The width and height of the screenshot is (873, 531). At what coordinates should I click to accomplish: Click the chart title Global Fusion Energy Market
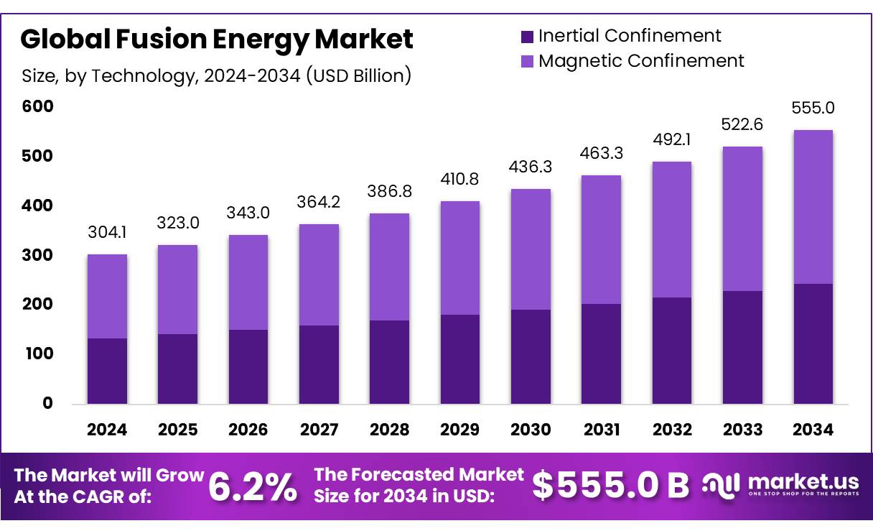(x=217, y=40)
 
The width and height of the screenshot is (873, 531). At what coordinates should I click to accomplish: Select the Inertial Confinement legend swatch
(x=527, y=36)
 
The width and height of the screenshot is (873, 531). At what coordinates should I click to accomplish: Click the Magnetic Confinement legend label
(x=641, y=61)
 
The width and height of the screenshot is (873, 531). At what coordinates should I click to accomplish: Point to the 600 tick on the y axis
(x=37, y=106)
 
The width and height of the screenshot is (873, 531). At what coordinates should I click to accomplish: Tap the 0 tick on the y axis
(x=47, y=403)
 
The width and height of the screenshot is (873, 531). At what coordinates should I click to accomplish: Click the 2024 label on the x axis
(x=107, y=430)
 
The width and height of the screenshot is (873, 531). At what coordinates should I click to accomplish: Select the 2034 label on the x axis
(x=813, y=430)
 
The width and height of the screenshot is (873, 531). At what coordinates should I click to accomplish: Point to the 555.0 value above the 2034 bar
(x=813, y=108)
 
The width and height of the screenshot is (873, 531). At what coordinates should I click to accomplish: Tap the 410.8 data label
(x=459, y=179)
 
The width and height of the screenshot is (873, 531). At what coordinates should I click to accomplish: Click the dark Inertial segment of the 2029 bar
(x=460, y=359)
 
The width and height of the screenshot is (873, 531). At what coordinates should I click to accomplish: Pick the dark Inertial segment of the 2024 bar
(x=107, y=371)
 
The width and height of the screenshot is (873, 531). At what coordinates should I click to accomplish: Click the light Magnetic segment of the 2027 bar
(x=319, y=274)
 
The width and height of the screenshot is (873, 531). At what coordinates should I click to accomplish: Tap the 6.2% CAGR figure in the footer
(x=252, y=487)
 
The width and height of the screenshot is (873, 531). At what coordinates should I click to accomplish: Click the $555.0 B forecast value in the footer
(x=610, y=486)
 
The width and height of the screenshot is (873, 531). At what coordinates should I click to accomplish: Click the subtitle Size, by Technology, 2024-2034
(x=216, y=75)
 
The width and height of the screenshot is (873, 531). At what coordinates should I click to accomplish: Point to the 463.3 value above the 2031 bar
(x=601, y=153)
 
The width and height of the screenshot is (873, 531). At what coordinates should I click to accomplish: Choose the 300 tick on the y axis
(x=37, y=255)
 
